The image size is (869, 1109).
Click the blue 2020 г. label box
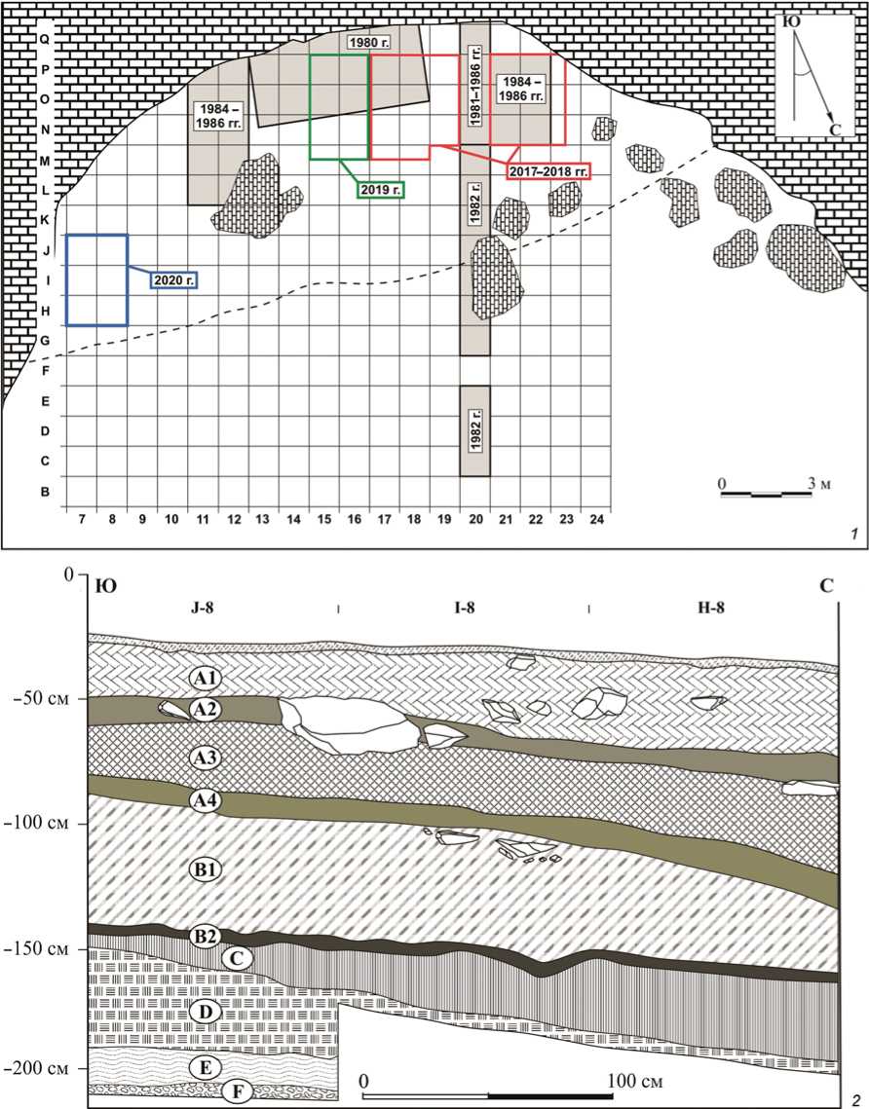pyautogui.click(x=171, y=280)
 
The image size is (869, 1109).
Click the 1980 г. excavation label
pyautogui.click(x=366, y=43)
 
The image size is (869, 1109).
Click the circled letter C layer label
pyautogui.click(x=237, y=958)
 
